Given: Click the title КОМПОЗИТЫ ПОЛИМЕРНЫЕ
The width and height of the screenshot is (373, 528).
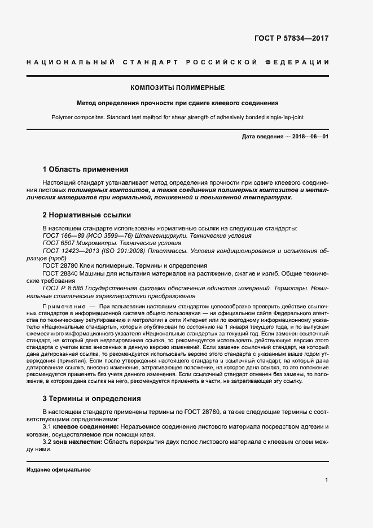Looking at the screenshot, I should pos(178,88).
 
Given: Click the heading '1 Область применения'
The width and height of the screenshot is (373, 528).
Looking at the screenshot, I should pos(86,169).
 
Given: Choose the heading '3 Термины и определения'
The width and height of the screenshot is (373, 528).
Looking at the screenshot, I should pos(92,398).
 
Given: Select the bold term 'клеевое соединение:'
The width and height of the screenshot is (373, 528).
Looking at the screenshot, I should pos(86,427).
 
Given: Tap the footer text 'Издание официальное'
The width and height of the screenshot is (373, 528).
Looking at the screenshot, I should pos(59,470).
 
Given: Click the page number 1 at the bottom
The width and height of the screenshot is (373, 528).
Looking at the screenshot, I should pos(327,480).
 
